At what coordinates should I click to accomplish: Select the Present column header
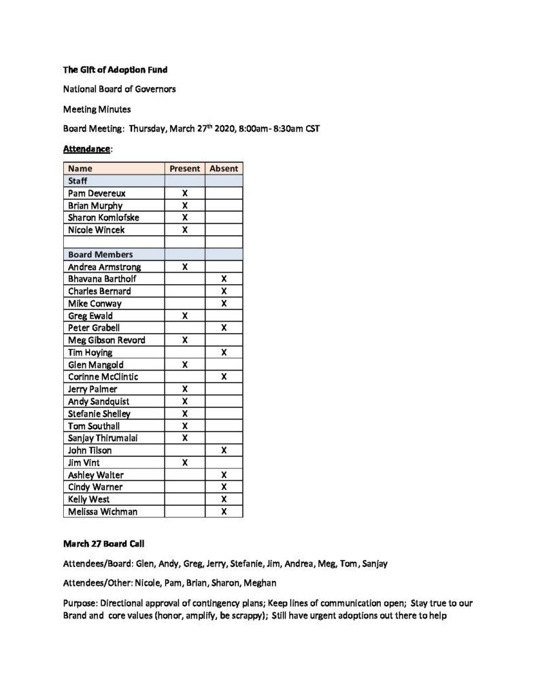tap(184, 169)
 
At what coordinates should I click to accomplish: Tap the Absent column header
tap(224, 169)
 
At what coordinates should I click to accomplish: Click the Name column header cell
tap(80, 169)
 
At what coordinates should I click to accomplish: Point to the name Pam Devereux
tap(97, 194)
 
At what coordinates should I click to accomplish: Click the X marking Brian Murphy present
tap(184, 206)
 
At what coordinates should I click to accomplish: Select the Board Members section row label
tap(100, 255)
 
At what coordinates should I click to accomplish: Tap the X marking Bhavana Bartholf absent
tap(224, 279)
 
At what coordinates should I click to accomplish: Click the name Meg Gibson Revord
tap(106, 341)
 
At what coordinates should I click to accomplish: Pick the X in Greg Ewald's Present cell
tap(184, 316)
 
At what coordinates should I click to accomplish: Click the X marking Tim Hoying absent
tap(224, 353)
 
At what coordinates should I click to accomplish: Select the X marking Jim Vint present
tap(184, 463)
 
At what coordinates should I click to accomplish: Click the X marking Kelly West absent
tap(224, 500)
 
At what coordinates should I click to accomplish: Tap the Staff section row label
tap(78, 181)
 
